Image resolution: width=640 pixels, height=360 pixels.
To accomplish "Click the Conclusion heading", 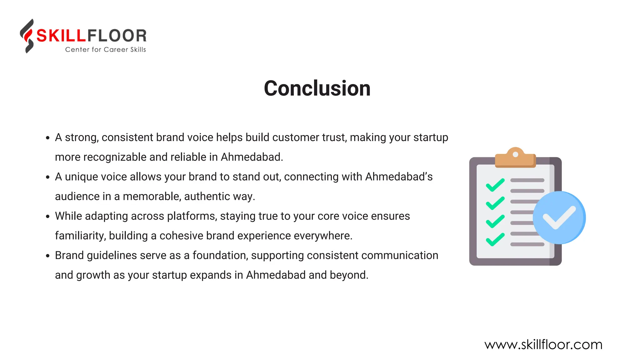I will point(317,88).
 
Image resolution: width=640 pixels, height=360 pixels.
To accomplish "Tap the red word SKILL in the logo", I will point(61,36).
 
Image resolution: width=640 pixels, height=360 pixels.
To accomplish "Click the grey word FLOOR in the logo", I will point(117,36).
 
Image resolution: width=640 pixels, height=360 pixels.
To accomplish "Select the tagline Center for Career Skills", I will point(105,50).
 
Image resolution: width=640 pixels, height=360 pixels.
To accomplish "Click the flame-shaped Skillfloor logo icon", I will point(27,36).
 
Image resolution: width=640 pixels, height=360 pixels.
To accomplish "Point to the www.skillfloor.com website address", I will point(543,345).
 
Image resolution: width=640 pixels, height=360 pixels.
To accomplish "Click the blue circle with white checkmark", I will point(559,217).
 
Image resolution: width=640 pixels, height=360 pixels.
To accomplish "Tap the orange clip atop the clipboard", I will point(515,158).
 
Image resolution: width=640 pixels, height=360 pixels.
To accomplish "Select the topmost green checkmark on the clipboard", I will point(495,185).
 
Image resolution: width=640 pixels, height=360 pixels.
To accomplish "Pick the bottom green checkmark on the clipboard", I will point(495,240).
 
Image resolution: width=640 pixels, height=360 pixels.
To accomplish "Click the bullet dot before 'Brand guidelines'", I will point(48,256).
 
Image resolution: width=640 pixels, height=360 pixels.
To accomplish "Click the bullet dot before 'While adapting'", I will point(48,217).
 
